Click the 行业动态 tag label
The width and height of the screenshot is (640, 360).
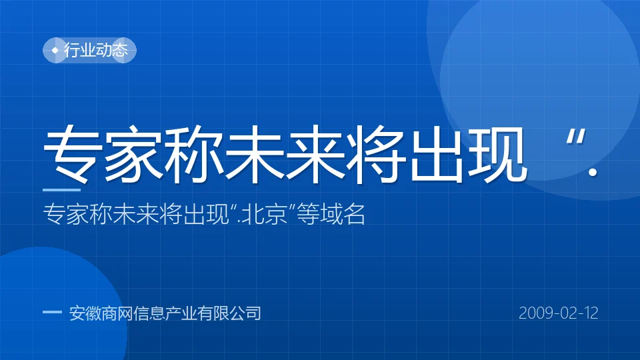pyautogui.click(x=96, y=50)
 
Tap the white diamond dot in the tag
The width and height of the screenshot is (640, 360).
pyautogui.click(x=55, y=50)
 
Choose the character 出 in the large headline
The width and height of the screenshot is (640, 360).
pyautogui.click(x=435, y=154)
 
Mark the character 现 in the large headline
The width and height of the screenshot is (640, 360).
pyautogui.click(x=495, y=154)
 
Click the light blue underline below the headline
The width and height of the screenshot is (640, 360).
pyautogui.click(x=61, y=190)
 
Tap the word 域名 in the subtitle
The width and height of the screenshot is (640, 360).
pyautogui.click(x=342, y=213)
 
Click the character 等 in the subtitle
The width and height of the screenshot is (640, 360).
pyautogui.click(x=308, y=213)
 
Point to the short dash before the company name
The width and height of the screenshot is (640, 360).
pyautogui.click(x=52, y=312)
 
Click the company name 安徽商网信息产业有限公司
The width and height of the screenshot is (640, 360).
pyautogui.click(x=165, y=313)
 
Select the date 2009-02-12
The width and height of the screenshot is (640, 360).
pyautogui.click(x=559, y=313)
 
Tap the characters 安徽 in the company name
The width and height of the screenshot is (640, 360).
pyautogui.click(x=85, y=313)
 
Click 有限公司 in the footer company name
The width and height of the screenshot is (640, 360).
pyautogui.click(x=229, y=313)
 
